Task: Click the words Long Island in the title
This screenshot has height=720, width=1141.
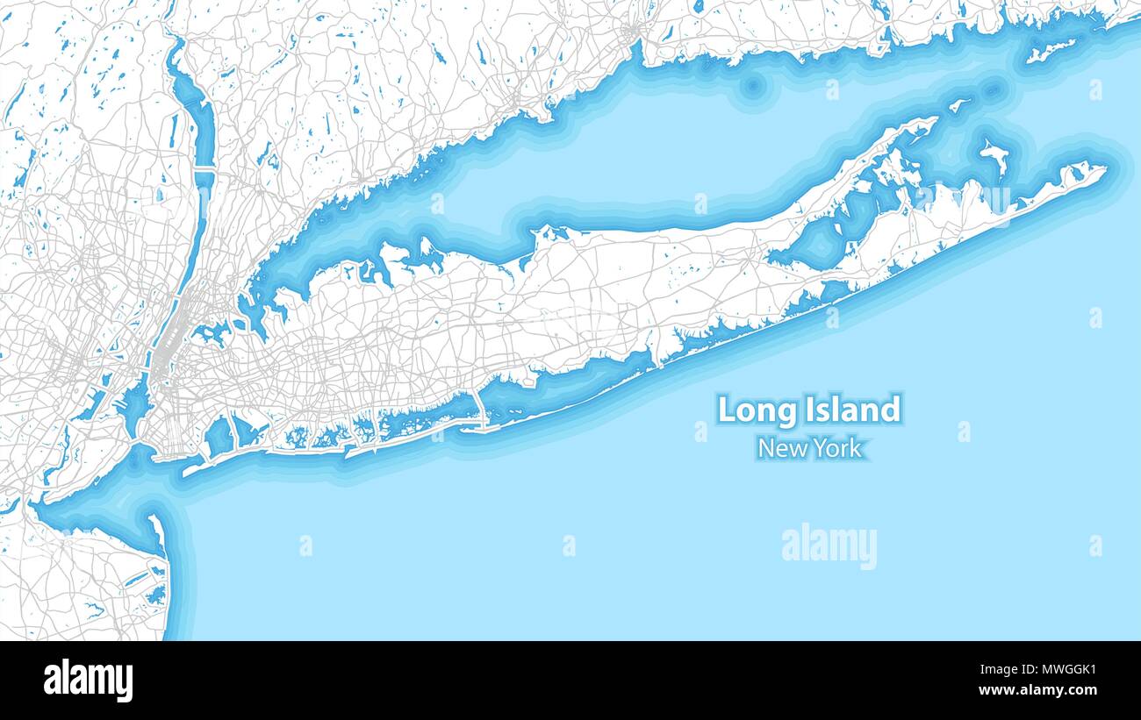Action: [x=808, y=410]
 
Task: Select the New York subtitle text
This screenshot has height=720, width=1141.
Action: [x=809, y=448]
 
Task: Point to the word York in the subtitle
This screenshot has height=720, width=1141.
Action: [x=836, y=448]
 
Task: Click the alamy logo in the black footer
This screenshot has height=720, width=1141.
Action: [x=89, y=681]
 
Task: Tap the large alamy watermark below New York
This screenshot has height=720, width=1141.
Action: [x=829, y=545]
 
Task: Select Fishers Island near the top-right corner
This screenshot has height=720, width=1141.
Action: [x=1050, y=49]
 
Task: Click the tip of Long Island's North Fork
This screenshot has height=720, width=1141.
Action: [x=932, y=120]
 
